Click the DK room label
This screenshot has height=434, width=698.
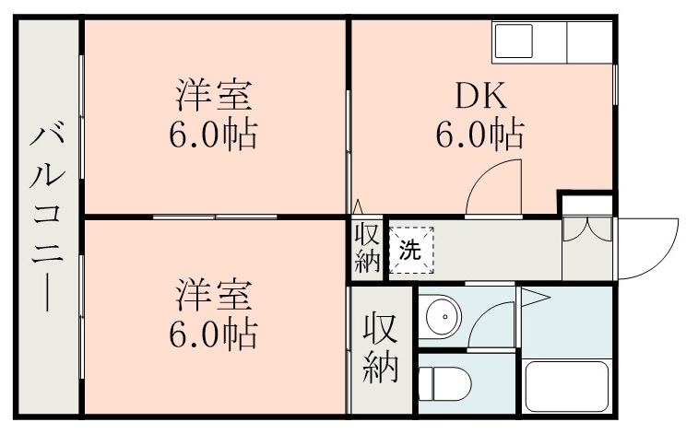pos(479,96)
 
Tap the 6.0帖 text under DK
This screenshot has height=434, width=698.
pos(479,135)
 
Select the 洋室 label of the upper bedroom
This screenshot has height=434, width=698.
pos(213,96)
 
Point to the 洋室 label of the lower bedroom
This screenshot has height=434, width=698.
pos(213,296)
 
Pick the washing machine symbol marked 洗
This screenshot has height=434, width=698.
pos(408,250)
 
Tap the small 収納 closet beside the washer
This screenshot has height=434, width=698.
pos(367,248)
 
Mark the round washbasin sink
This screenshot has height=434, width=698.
pos(444,317)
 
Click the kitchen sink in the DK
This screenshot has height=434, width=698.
pos(514,41)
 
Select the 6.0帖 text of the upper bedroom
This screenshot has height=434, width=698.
pos(213,135)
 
